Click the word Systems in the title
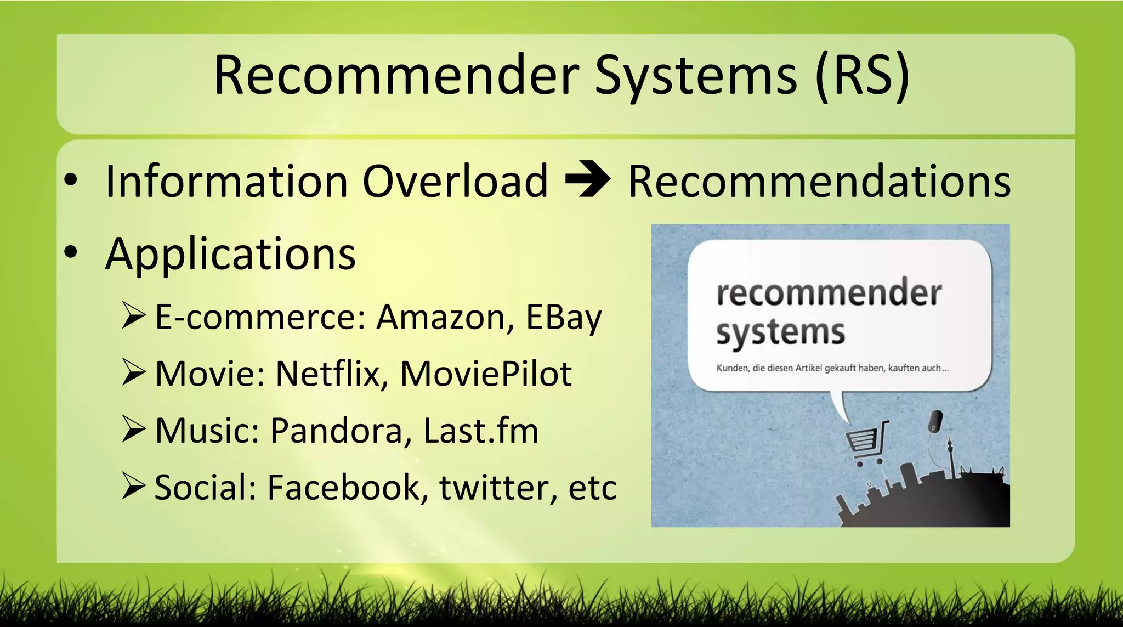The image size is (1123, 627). [696, 77]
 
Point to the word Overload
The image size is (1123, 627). [455, 181]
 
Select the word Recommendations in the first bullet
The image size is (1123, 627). [819, 181]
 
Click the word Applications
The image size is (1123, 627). [230, 255]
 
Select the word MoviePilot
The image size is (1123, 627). [486, 374]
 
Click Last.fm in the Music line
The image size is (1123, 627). [481, 431]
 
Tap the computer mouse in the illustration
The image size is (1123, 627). [935, 421]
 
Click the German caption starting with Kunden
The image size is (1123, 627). [832, 368]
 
